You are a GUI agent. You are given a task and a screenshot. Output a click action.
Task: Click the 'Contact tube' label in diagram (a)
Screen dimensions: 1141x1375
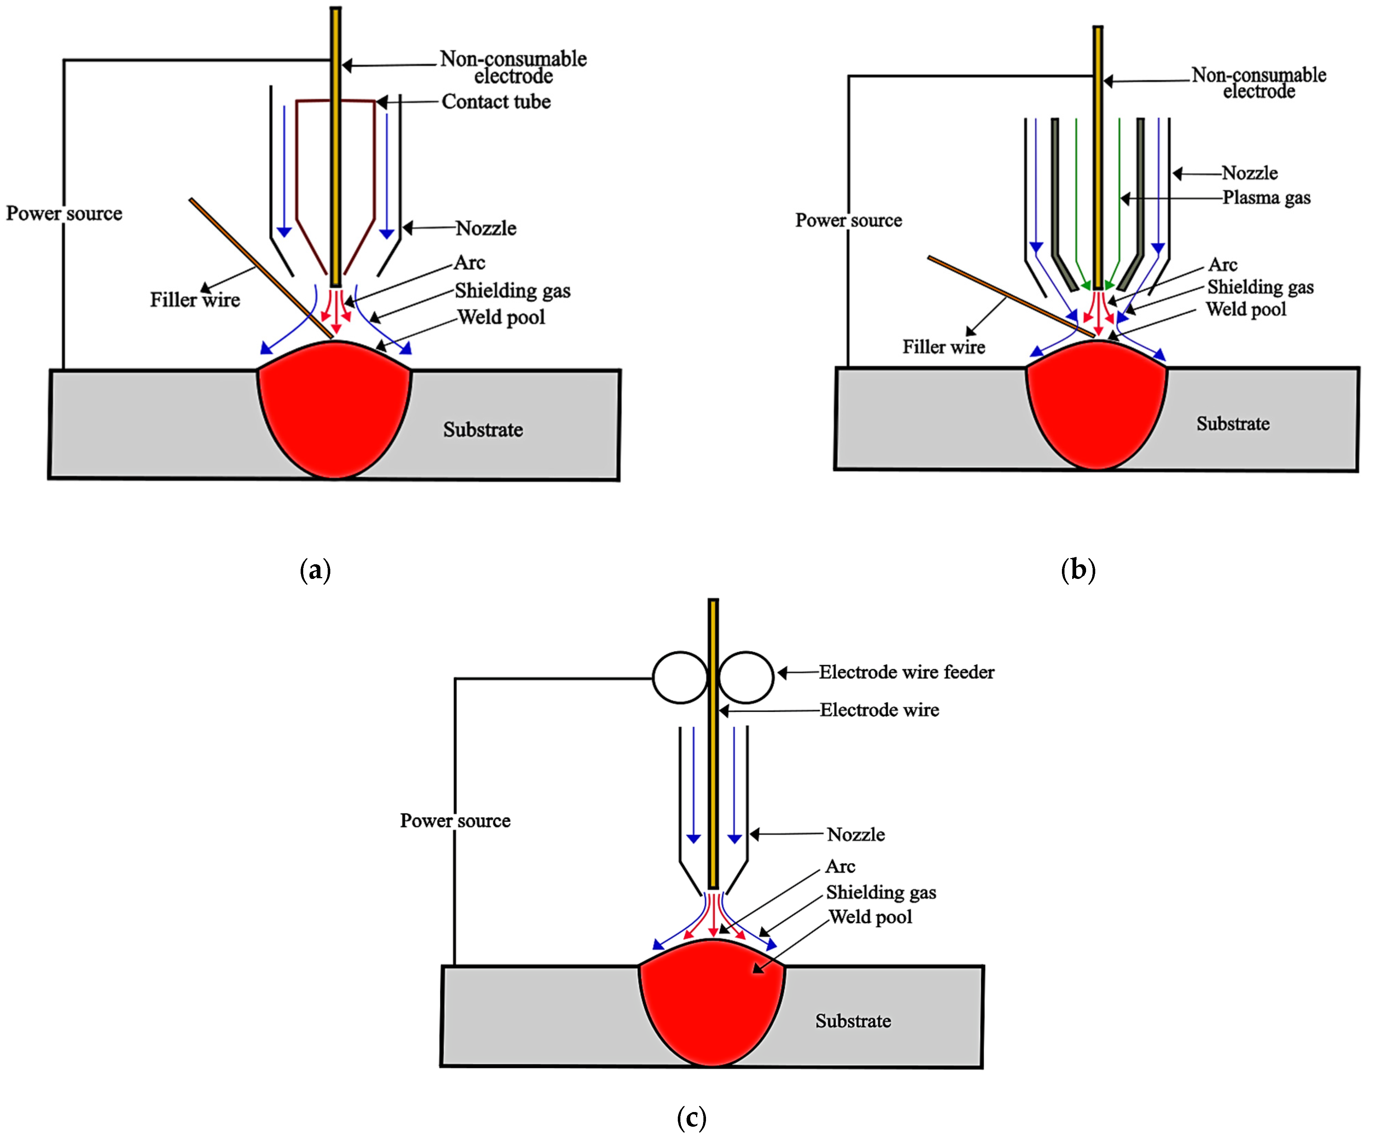pyautogui.click(x=496, y=101)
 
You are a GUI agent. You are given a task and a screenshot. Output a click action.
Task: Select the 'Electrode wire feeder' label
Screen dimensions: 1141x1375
pyautogui.click(x=906, y=672)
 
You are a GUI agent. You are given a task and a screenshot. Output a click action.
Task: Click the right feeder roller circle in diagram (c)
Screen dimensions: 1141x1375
pyautogui.click(x=746, y=677)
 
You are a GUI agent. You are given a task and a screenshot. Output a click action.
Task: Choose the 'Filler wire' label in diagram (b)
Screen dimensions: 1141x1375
pyautogui.click(x=944, y=347)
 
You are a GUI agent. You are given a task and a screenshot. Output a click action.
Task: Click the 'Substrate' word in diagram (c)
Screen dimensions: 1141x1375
pyautogui.click(x=852, y=1021)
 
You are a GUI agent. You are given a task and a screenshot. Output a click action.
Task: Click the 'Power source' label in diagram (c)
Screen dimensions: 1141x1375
pyautogui.click(x=455, y=821)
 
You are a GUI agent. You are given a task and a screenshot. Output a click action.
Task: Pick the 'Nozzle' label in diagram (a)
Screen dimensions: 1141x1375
pyautogui.click(x=486, y=229)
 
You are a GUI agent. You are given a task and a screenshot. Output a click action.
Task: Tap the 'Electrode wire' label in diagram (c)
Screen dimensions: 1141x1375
pyautogui.click(x=879, y=710)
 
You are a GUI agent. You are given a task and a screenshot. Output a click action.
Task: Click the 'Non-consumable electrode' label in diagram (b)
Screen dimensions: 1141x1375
pyautogui.click(x=1259, y=83)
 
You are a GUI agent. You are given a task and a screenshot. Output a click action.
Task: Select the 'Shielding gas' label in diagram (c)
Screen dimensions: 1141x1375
pyautogui.click(x=881, y=892)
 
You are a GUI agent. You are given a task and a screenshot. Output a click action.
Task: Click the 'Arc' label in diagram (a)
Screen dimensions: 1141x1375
pyautogui.click(x=469, y=263)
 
